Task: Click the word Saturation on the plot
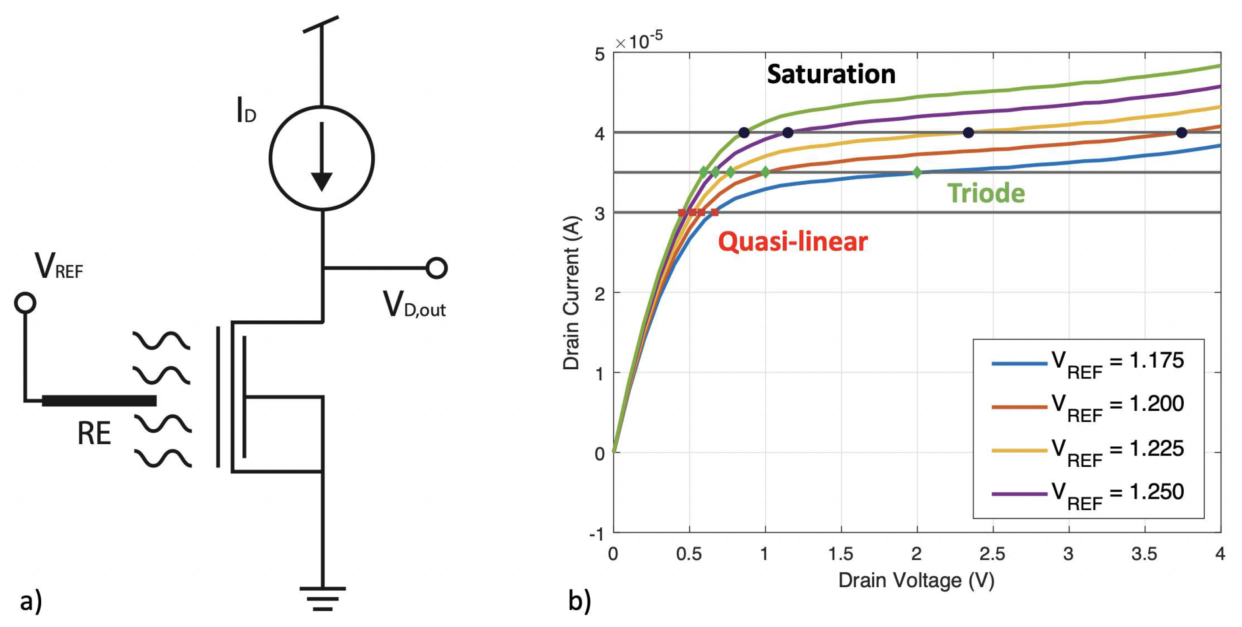pos(831,74)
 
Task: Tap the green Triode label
pos(986,193)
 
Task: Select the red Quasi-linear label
pos(793,242)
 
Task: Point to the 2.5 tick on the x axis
pos(992,554)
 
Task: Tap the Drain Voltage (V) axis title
pos(916,581)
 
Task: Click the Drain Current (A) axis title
pos(572,293)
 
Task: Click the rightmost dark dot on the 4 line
pos(1181,133)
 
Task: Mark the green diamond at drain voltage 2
pos(917,172)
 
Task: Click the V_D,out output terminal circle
pos(437,268)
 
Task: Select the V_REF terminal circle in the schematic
pos(25,303)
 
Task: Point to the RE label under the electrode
pos(94,433)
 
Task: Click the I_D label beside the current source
pos(246,111)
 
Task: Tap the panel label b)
pos(579,601)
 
